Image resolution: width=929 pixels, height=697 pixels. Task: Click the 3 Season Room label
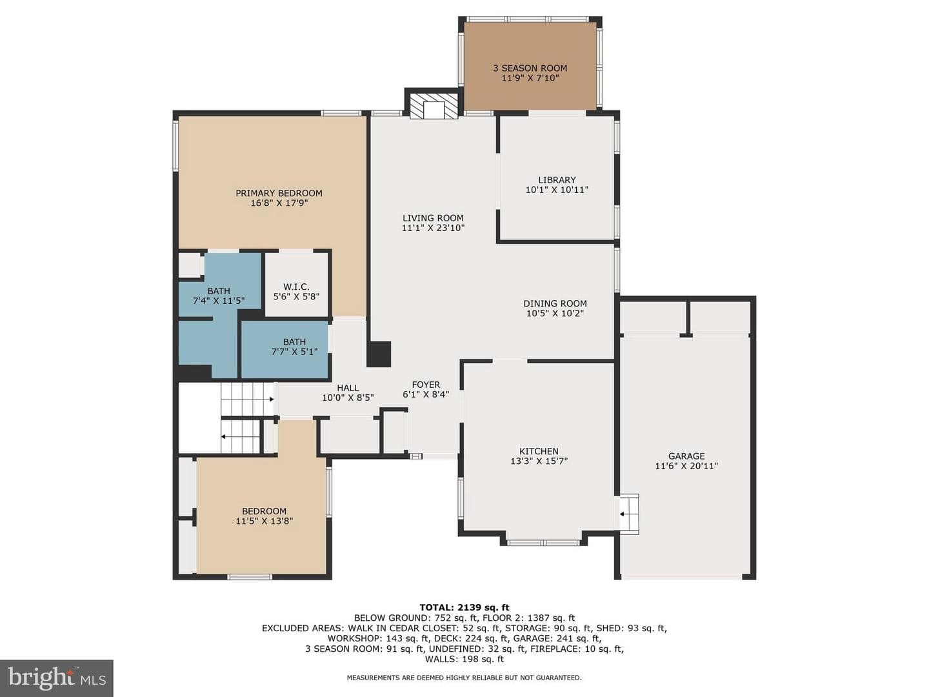[x=530, y=68]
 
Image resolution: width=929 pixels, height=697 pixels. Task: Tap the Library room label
[x=557, y=180]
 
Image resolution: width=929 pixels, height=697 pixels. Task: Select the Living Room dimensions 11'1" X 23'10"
[x=433, y=228]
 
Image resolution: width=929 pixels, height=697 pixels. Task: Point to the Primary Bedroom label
[x=279, y=193]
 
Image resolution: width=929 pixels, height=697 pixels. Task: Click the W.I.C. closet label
[x=296, y=287]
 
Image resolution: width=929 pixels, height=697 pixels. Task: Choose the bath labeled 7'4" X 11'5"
[x=219, y=296]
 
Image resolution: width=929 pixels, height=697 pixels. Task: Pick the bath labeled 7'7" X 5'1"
[x=294, y=347]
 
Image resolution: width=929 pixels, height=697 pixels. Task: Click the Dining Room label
[x=555, y=303]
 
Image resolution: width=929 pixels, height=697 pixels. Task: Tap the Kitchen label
[x=539, y=451]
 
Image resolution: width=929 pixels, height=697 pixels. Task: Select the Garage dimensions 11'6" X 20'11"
[x=686, y=466]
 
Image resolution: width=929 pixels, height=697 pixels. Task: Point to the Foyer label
[x=426, y=385]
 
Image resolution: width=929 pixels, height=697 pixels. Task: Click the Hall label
[x=348, y=388]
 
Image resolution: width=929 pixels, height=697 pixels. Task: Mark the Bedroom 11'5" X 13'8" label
[x=264, y=516]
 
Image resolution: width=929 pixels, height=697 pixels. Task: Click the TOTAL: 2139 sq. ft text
[x=464, y=608]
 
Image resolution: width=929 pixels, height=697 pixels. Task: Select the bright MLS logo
[x=57, y=678]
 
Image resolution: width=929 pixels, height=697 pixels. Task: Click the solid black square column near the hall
[x=378, y=354]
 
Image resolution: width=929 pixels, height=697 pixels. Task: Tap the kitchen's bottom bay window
[x=543, y=543]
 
